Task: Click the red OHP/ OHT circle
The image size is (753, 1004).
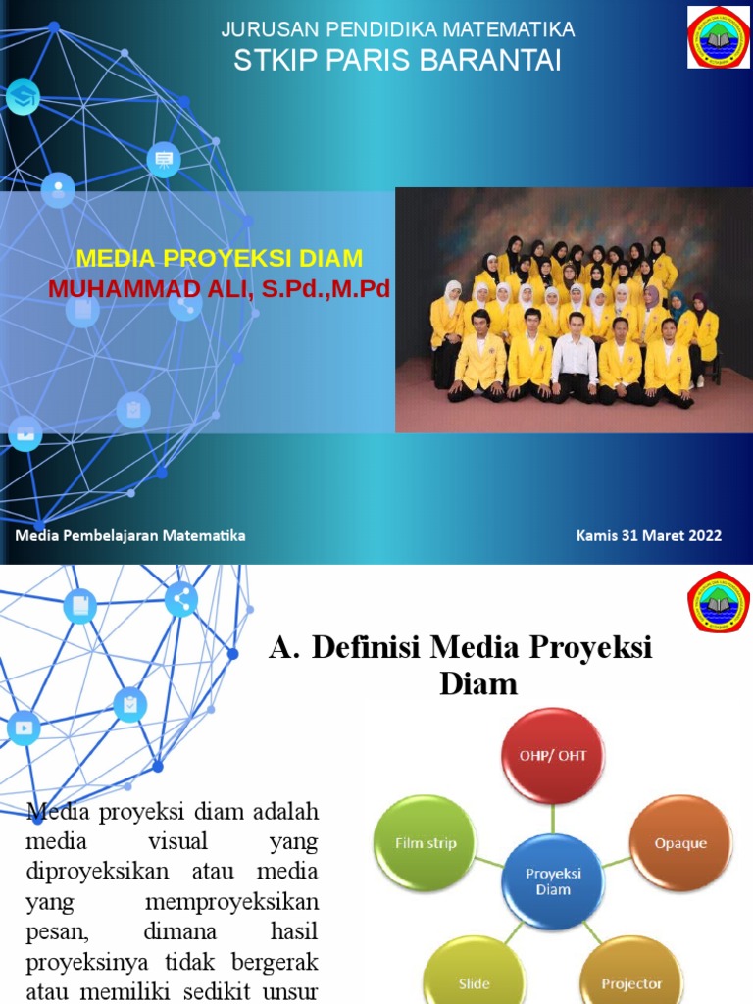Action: click(x=554, y=756)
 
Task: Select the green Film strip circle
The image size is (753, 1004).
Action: click(x=426, y=842)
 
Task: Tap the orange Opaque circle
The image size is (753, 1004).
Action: click(x=680, y=842)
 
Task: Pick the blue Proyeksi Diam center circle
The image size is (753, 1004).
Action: click(x=554, y=880)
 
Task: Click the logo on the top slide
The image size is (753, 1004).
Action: click(x=718, y=37)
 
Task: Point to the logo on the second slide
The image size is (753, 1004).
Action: click(x=719, y=601)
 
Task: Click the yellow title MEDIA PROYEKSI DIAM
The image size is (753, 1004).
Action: click(x=220, y=259)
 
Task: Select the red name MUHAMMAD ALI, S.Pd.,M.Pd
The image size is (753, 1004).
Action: click(x=213, y=290)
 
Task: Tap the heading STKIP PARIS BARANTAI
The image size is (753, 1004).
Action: click(x=397, y=61)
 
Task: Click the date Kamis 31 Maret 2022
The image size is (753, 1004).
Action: click(x=649, y=535)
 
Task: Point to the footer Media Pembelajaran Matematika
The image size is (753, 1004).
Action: click(x=130, y=535)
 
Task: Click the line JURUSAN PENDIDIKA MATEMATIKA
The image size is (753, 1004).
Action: click(x=397, y=30)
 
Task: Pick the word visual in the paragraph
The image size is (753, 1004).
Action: click(x=177, y=842)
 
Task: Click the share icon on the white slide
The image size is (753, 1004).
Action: click(x=181, y=599)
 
